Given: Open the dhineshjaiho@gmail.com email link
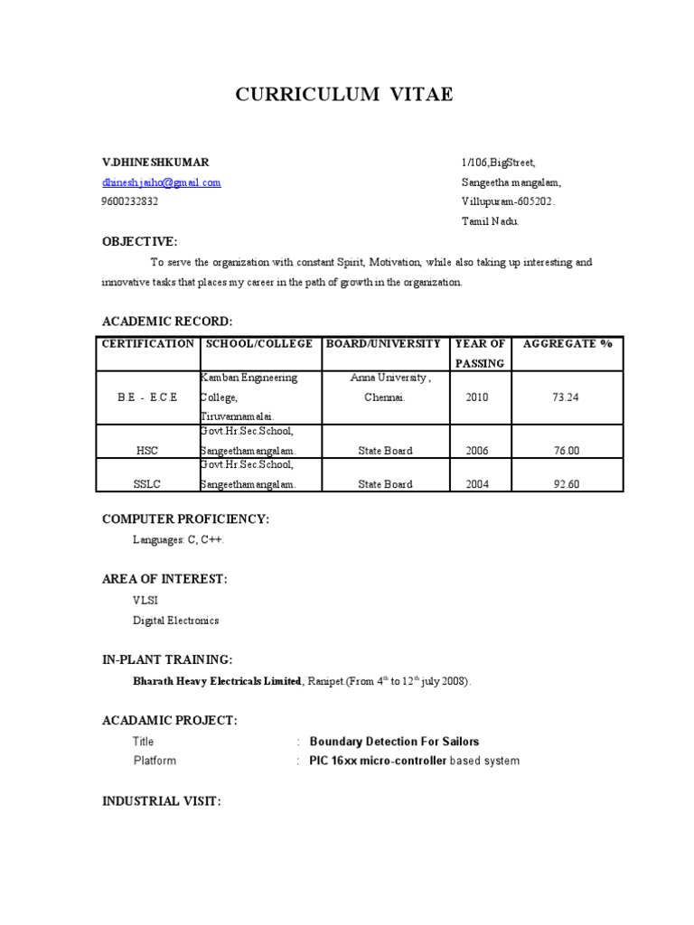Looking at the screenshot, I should pos(161,182).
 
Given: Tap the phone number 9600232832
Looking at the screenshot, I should pos(129,201).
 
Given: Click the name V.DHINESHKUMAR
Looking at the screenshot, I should pos(155,163).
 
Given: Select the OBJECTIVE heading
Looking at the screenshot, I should pos(139,241).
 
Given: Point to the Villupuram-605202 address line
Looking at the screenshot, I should pos(507,201).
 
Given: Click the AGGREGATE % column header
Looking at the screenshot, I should pos(567,344).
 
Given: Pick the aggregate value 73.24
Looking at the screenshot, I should pos(567,397).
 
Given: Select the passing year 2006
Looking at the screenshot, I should pos(477,451).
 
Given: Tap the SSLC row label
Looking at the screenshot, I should pos(147,484).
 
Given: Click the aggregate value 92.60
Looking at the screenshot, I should pos(567,484).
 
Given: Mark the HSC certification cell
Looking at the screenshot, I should pos(147,451).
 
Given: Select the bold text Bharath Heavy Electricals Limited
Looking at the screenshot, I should pos(217,682).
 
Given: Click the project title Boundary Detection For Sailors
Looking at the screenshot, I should pos(394,742).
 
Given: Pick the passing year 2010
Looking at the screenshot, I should pos(477,397).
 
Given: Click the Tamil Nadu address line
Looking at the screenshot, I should pos(491,221).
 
